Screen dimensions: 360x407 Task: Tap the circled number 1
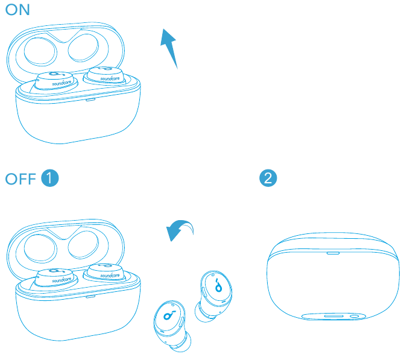[49, 178]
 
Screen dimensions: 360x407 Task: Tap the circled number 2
[268, 178]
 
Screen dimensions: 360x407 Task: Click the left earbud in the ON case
[54, 81]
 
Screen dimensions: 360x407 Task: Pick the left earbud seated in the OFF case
[54, 278]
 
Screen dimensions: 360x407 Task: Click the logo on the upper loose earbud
[217, 285]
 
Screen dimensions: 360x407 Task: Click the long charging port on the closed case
[333, 315]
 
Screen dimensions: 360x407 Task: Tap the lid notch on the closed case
[333, 253]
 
